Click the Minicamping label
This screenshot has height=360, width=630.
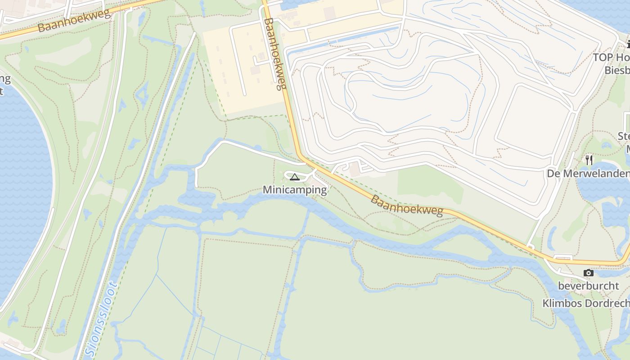(295, 190)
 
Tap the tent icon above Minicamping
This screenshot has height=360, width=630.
(294, 177)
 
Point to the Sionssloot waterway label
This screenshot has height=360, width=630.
(102, 319)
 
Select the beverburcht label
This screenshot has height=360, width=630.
(588, 286)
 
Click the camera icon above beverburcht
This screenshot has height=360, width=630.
(588, 273)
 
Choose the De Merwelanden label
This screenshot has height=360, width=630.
(588, 174)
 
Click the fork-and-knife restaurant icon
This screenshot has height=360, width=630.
(589, 160)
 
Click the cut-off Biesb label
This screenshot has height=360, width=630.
(616, 71)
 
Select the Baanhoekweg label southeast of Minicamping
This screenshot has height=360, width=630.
(406, 206)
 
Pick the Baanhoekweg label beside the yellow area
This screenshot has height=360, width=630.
(275, 54)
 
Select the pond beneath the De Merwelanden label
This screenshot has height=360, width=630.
(603, 193)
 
